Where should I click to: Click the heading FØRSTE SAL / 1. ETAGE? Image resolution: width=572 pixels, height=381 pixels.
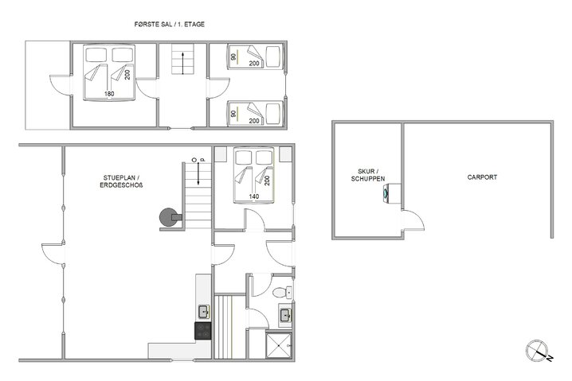(170, 25)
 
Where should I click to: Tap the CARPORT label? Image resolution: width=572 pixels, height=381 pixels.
(482, 177)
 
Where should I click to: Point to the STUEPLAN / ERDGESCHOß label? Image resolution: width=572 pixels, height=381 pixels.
(123, 181)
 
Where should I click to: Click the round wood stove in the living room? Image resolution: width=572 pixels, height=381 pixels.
(168, 215)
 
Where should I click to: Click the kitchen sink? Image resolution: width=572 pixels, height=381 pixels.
(203, 310)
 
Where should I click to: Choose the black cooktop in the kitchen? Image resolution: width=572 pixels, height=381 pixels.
(202, 329)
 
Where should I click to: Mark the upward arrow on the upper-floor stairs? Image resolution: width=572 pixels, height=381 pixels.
(182, 62)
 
